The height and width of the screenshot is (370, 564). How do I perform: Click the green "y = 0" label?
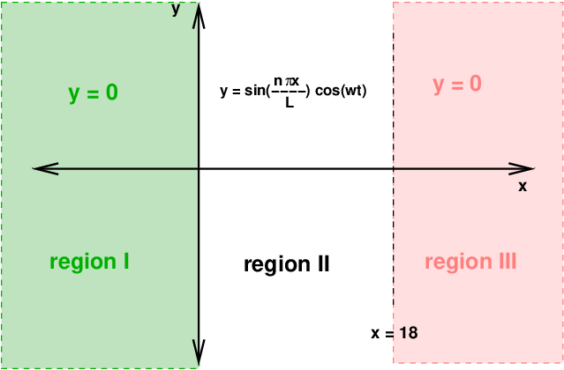point(94,92)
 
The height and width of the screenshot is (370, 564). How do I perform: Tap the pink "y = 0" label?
point(457,85)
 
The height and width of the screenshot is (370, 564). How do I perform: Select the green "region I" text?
point(89,262)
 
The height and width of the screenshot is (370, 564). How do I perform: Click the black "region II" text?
point(286,264)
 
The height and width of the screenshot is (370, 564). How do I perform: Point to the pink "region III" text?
point(470,262)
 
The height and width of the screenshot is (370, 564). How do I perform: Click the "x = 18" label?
point(395,333)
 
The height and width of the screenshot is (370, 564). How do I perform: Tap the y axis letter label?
point(176,9)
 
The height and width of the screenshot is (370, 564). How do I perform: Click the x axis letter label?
point(523,186)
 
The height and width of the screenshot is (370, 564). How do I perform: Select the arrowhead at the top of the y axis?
point(199,15)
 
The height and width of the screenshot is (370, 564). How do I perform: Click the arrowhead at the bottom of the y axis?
point(199,352)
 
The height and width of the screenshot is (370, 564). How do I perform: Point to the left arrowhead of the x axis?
point(45,168)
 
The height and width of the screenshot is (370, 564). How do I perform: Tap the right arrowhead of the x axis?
point(522,168)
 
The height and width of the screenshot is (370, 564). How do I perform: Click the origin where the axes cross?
point(199,168)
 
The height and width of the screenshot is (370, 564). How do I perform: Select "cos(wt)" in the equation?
point(341,91)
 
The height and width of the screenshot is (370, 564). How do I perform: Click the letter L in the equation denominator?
point(290,103)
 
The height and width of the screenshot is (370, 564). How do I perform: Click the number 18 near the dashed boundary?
point(409,333)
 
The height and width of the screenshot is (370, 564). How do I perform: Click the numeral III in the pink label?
point(508,261)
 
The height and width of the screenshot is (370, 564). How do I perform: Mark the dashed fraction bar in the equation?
point(289,92)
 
